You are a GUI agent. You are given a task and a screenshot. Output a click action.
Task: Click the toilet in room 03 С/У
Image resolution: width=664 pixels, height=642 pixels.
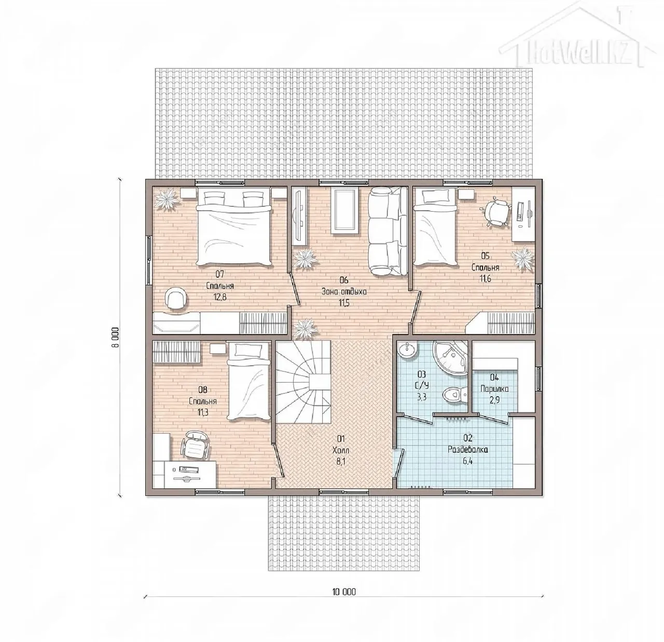click(x=454, y=395)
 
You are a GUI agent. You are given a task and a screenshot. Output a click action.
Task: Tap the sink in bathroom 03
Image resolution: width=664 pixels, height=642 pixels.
click(x=407, y=350)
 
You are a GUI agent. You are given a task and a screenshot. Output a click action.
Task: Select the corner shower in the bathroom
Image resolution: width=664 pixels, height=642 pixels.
click(x=450, y=358)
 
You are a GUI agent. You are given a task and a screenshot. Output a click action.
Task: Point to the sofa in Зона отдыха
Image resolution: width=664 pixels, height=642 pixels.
click(x=388, y=231)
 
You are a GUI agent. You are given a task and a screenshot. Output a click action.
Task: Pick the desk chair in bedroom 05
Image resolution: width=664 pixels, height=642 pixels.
click(x=499, y=212)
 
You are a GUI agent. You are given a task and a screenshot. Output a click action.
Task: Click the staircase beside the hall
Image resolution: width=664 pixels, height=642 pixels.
click(x=303, y=382)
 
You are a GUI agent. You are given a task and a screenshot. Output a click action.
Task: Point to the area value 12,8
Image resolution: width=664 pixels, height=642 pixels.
click(x=220, y=297)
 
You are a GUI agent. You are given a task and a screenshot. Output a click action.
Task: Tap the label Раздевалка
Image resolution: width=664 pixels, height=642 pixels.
click(x=467, y=450)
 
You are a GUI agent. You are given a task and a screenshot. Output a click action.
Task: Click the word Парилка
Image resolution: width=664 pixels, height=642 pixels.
click(x=494, y=389)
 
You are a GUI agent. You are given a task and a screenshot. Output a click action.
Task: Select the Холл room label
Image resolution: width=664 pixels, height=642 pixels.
click(x=341, y=450)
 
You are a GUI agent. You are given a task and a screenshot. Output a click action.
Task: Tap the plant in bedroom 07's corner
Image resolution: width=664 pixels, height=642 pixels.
click(x=167, y=200)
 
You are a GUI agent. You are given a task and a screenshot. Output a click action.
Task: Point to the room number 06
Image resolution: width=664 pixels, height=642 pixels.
click(x=343, y=280)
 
